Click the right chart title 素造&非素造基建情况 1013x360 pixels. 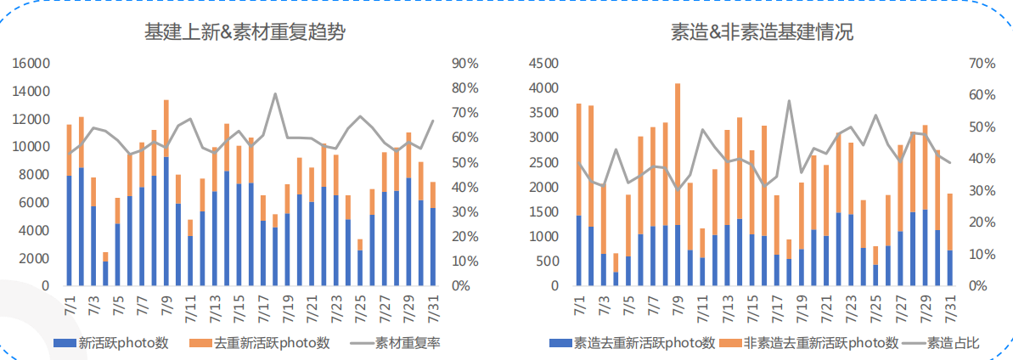[762, 32]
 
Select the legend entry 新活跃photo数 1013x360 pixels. [112, 343]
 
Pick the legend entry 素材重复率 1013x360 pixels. [407, 343]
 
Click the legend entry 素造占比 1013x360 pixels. [951, 343]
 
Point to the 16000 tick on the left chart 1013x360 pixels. [33, 64]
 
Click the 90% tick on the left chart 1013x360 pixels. [465, 64]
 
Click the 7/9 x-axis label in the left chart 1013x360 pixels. [166, 306]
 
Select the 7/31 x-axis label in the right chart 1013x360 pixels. [949, 306]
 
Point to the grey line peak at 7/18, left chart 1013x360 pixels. [275, 94]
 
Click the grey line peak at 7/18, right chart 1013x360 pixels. [789, 101]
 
